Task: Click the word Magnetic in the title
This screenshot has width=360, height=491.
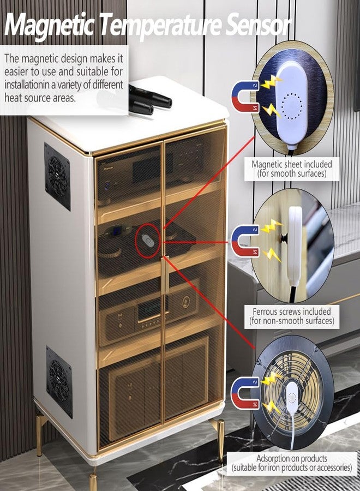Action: click(49, 25)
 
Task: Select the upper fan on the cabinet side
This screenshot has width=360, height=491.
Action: click(57, 177)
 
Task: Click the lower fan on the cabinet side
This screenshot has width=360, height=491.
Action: click(59, 381)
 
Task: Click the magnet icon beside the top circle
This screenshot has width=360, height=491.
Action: click(245, 97)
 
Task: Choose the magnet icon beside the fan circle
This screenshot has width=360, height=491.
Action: click(245, 393)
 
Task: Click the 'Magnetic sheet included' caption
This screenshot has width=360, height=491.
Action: click(292, 169)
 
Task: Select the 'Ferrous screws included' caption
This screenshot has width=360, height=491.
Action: click(292, 316)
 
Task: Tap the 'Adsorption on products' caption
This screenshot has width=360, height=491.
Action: click(292, 463)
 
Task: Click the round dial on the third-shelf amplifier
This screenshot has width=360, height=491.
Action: click(185, 301)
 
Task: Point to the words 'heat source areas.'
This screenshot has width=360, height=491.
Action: click(40, 98)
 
